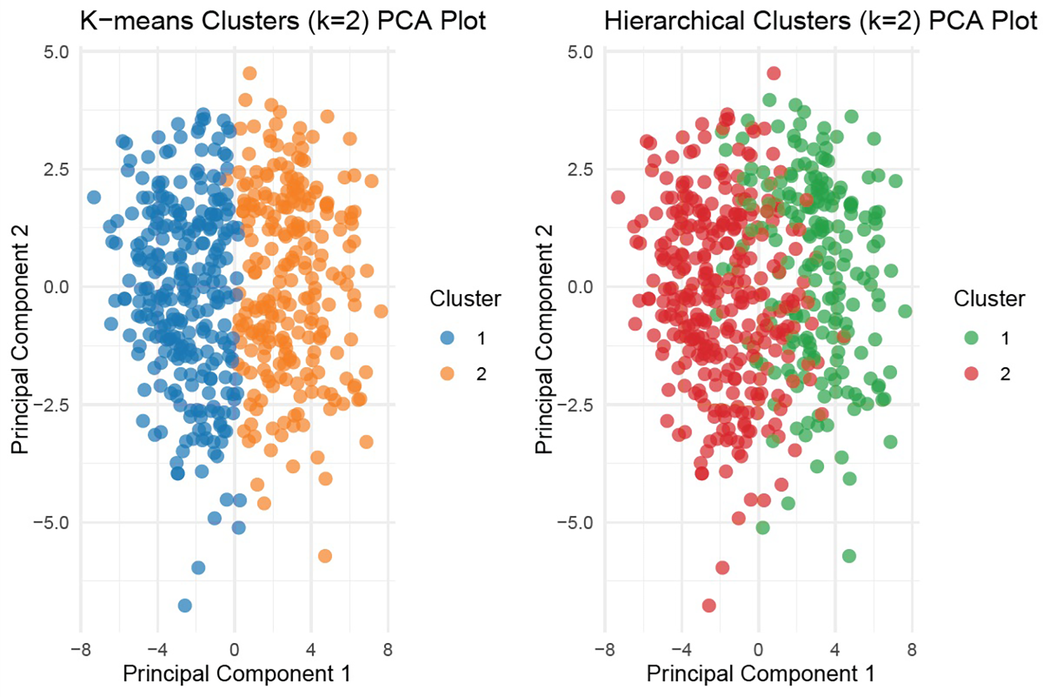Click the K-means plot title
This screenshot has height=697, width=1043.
point(282,21)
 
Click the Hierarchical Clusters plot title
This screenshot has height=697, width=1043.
point(820,21)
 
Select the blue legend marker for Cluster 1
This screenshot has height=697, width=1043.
point(447,338)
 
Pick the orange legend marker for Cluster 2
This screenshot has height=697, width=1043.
point(447,374)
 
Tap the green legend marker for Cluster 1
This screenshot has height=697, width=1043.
point(971,338)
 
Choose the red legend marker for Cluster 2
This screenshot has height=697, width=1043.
point(971,374)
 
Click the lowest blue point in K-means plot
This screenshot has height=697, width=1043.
point(185,605)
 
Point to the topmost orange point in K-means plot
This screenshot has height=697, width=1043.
point(250,73)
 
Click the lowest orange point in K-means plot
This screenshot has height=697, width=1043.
point(325,556)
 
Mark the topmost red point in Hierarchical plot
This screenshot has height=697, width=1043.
point(774,73)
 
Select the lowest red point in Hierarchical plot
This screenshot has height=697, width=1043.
point(709,605)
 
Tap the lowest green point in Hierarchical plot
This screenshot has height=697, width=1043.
point(849,556)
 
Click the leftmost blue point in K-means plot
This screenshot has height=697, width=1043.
point(94,197)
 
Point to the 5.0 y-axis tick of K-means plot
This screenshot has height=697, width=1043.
point(56,52)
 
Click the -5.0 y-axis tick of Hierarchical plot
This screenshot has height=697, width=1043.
point(575,523)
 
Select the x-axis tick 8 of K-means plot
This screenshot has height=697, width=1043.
point(388,650)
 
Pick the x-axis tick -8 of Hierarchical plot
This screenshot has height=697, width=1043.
point(604,650)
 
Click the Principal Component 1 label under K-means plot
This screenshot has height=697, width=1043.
point(236,674)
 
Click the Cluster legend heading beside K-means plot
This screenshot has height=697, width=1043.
point(465,298)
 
